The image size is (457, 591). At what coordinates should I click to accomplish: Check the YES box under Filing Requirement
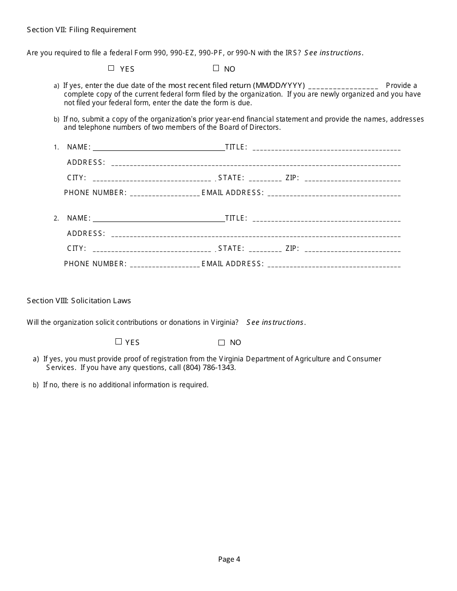[x=111, y=68]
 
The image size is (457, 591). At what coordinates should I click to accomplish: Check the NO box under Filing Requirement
[x=216, y=68]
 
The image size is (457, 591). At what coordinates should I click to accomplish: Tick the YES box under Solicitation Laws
[x=118, y=342]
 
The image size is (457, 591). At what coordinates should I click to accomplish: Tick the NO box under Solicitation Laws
[x=222, y=343]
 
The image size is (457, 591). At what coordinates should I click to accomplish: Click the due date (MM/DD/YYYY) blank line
[x=343, y=87]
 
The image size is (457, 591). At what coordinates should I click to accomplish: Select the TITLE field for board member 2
[x=326, y=220]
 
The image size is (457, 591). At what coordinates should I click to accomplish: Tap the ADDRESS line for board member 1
[x=255, y=164]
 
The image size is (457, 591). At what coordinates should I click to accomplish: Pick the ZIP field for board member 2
[x=353, y=250]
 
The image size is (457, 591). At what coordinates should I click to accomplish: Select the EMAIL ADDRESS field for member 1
[x=334, y=194]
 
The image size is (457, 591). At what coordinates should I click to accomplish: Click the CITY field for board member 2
[x=152, y=250]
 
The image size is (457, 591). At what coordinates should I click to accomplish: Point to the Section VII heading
[x=81, y=30]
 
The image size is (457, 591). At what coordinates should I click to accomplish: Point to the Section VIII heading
[x=79, y=301]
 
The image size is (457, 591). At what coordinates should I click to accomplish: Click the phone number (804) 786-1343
[x=209, y=368]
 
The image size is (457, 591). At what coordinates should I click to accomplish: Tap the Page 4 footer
[x=229, y=559]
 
